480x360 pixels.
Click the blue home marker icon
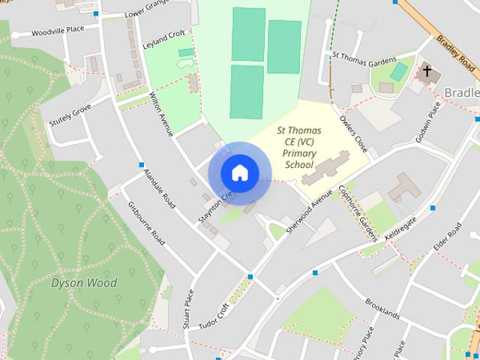(239, 172)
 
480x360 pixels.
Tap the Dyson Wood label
(84, 283)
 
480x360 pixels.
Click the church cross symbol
(427, 72)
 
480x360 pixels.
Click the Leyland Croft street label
(163, 40)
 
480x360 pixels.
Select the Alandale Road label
(160, 187)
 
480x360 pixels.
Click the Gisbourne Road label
(146, 223)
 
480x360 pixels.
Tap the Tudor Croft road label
(214, 316)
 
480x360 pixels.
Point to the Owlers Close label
(352, 133)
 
